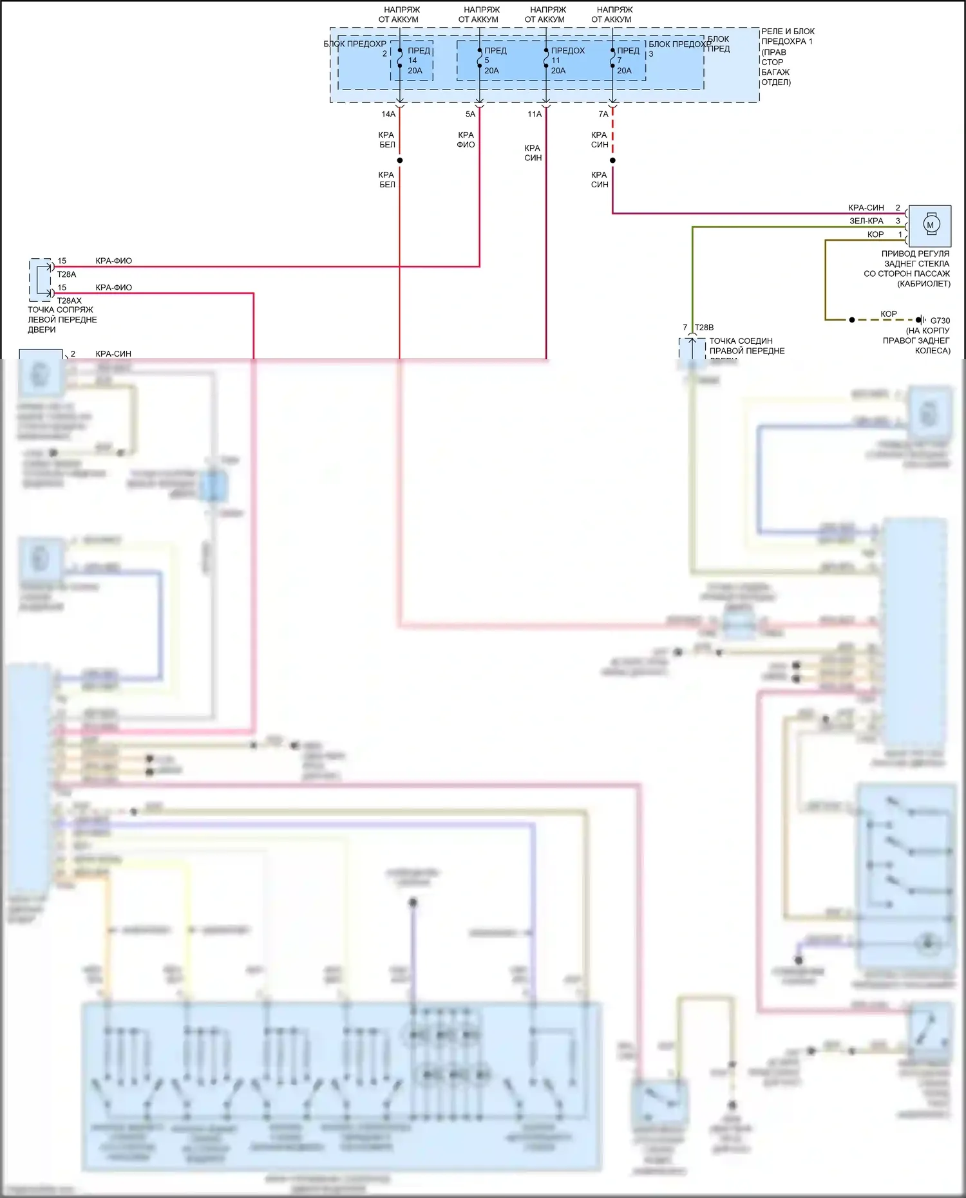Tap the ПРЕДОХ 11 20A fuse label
pos(566,61)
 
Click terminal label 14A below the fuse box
pos(388,114)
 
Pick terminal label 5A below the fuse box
pos(470,114)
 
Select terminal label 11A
pos(535,114)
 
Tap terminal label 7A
pos(603,114)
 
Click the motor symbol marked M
pos(930,225)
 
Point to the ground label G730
pos(940,320)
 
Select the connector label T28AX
pos(70,301)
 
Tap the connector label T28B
pos(704,328)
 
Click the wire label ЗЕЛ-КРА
pos(866,221)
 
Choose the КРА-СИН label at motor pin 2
pos(866,208)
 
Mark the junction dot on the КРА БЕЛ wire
pos(400,160)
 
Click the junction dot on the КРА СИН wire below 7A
pos(612,160)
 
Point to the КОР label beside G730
pos(889,314)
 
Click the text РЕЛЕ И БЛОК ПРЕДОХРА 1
pos(787,36)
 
